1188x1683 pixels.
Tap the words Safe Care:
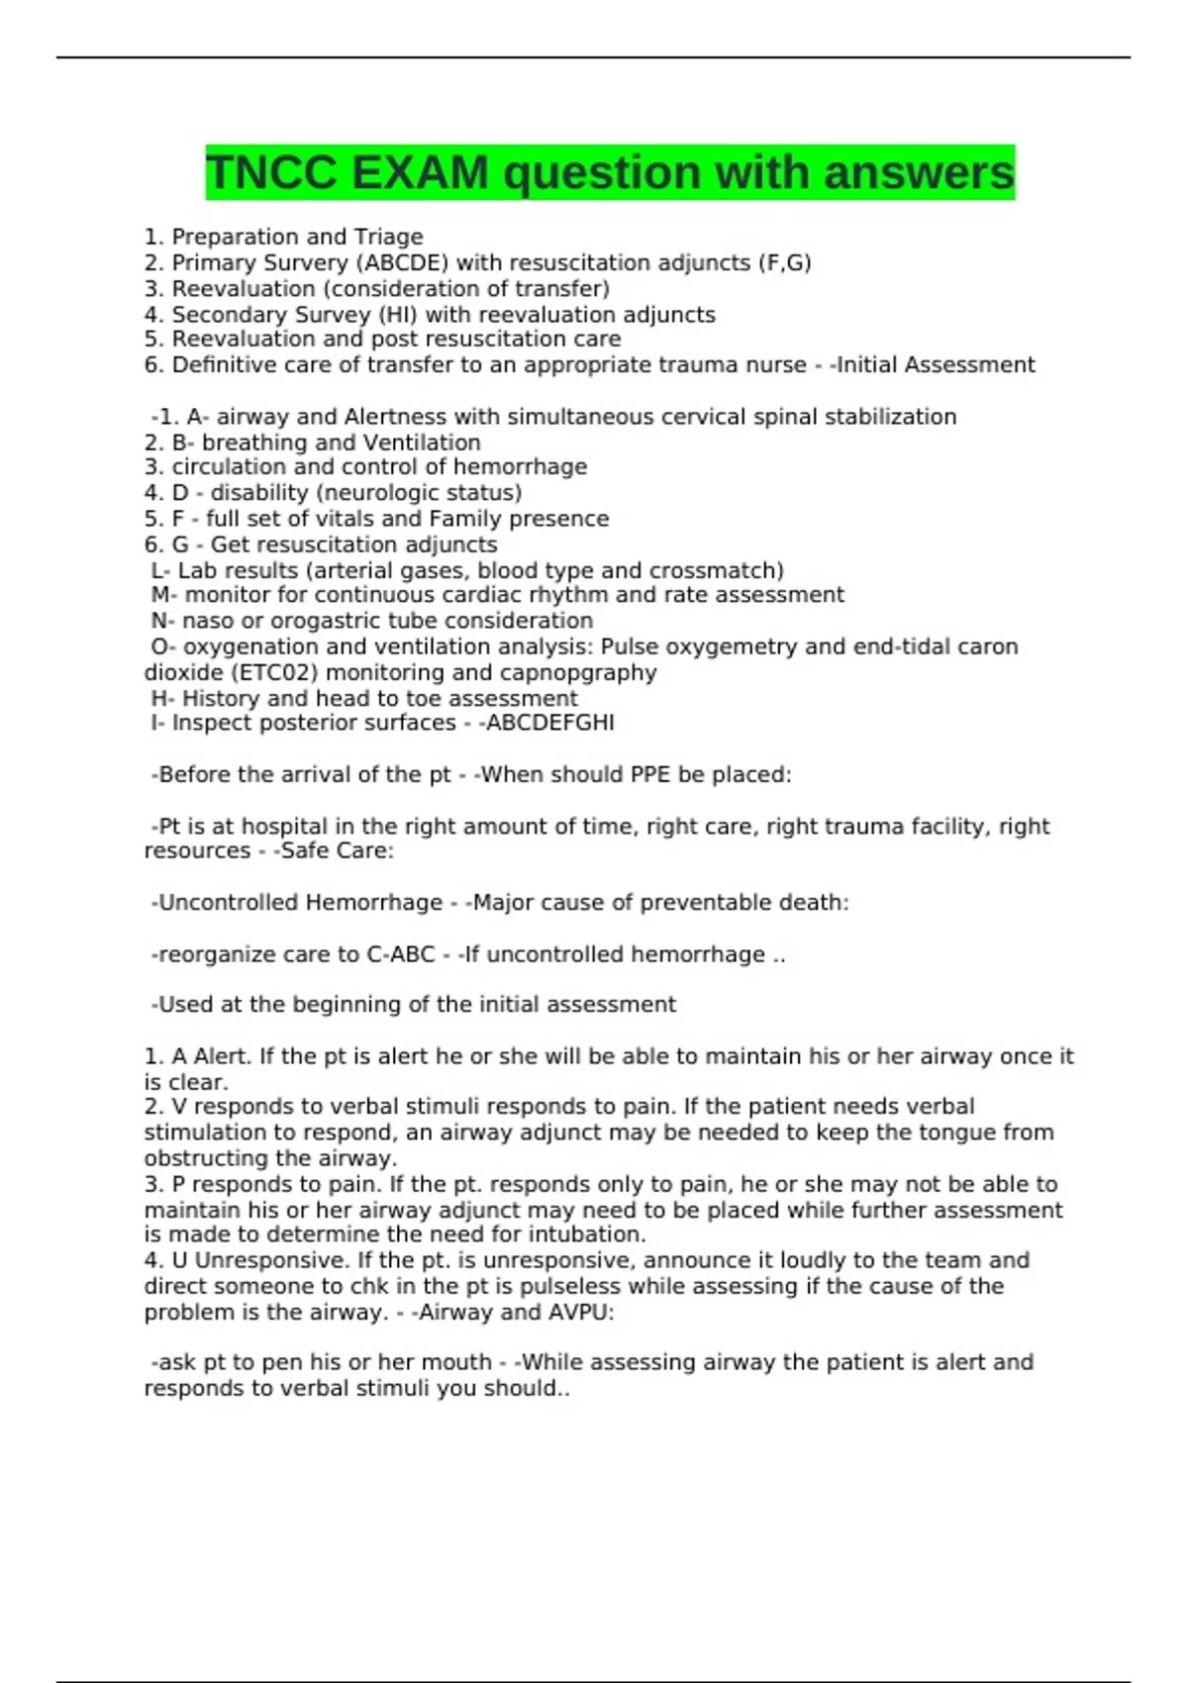[338, 851]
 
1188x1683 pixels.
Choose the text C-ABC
[401, 954]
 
